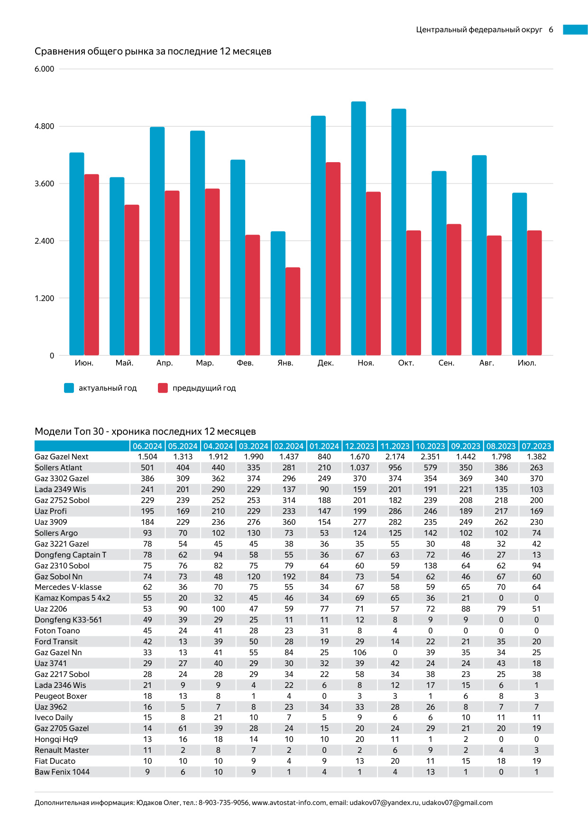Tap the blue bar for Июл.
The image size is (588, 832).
[519, 274]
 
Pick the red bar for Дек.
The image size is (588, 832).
[333, 259]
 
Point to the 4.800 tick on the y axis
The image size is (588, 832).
[45, 127]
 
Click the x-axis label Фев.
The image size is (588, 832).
[245, 363]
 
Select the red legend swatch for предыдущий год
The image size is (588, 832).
[163, 388]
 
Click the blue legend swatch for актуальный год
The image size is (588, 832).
[69, 388]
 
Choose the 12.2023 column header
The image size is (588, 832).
[359, 446]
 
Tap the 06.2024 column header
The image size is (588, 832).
[147, 446]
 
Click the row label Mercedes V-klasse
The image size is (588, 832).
[68, 587]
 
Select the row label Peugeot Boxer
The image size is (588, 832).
[61, 696]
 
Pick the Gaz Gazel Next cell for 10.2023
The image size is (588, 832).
[430, 457]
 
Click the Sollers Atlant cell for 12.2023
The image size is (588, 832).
[359, 468]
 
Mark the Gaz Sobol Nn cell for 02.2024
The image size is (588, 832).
[289, 576]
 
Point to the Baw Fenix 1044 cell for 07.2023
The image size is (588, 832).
[536, 772]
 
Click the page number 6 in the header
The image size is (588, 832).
[551, 30]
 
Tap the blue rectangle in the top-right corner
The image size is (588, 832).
[575, 30]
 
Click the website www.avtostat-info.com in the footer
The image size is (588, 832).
[289, 803]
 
